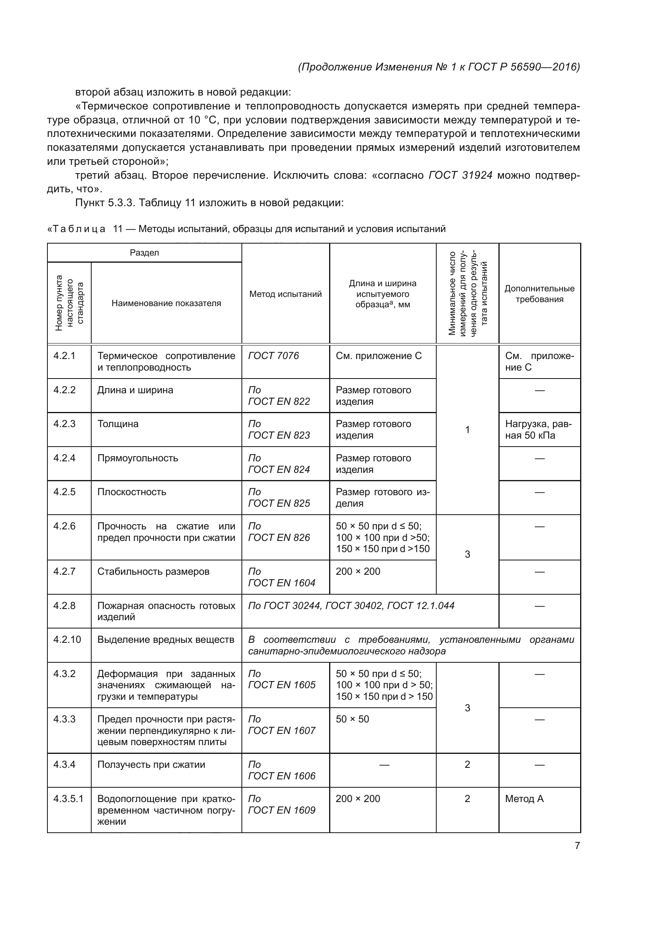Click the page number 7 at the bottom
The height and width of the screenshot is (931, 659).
click(x=577, y=845)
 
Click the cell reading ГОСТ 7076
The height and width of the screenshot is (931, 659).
click(x=273, y=355)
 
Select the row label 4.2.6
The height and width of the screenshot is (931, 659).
click(x=65, y=526)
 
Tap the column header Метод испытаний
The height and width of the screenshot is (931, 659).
click(x=285, y=294)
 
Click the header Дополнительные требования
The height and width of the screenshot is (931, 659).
click(x=539, y=294)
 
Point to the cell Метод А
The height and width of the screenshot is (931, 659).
click(x=524, y=798)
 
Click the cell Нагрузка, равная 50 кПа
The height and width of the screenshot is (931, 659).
click(x=538, y=429)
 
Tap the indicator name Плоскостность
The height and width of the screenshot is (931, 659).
click(x=132, y=492)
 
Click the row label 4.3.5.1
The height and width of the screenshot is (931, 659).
click(x=68, y=798)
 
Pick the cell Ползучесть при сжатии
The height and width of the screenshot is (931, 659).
click(x=151, y=764)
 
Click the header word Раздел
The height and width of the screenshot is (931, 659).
click(x=144, y=253)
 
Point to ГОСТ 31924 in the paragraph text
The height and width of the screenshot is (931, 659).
click(x=461, y=175)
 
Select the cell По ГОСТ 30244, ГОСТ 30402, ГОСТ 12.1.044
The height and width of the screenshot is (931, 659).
click(x=351, y=605)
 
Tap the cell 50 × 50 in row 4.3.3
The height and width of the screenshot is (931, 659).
click(x=352, y=719)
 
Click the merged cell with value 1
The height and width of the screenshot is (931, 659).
click(x=467, y=429)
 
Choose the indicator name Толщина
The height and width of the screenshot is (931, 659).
click(x=118, y=424)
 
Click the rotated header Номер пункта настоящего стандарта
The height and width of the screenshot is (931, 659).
click(x=69, y=303)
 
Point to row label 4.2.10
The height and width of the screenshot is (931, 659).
click(x=67, y=640)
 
